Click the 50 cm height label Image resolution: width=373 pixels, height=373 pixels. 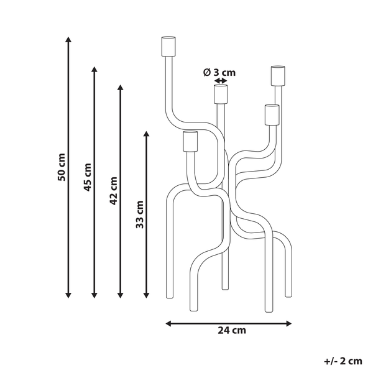click(61, 167)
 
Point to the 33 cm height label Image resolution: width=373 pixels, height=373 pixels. click(140, 214)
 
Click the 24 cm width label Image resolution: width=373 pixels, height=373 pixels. click(229, 331)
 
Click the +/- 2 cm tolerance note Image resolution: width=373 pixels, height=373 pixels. click(343, 360)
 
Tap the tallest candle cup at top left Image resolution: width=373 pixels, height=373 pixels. click(168, 47)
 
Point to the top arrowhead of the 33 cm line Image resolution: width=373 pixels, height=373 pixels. click(146, 134)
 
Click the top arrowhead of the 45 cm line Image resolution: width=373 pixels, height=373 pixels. click(94, 69)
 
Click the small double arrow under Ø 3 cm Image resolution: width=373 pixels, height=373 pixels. click(221, 80)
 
